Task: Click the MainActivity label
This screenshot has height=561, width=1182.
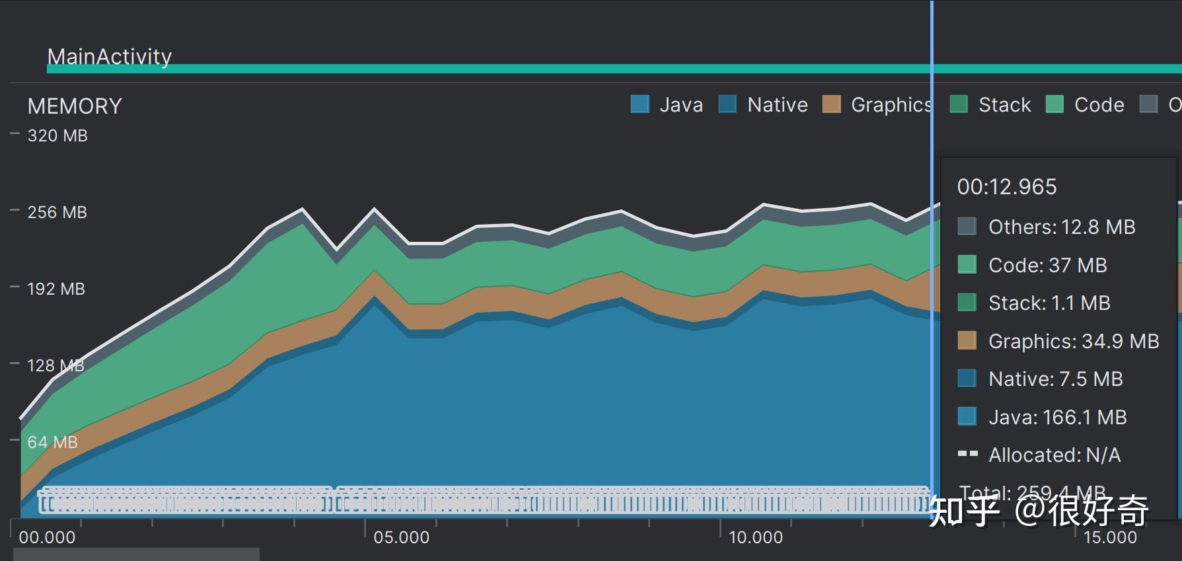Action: pos(110,57)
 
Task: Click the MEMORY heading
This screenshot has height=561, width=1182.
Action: pos(75,106)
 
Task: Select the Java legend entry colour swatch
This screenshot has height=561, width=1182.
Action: pos(640,104)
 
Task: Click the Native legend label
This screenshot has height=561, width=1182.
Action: pos(777,104)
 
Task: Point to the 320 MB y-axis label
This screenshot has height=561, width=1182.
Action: pos(57,135)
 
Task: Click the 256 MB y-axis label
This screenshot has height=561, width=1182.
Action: pos(57,212)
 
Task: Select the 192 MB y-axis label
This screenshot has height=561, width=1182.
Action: pos(56,289)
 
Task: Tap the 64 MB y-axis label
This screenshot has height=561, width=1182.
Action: pos(52,442)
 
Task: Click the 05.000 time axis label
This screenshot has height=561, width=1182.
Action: pos(401,537)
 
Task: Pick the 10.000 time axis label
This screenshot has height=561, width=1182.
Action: pos(755,537)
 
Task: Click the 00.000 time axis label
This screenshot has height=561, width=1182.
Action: pos(47,537)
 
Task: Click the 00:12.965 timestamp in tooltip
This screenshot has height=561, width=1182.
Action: pos(1007,187)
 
